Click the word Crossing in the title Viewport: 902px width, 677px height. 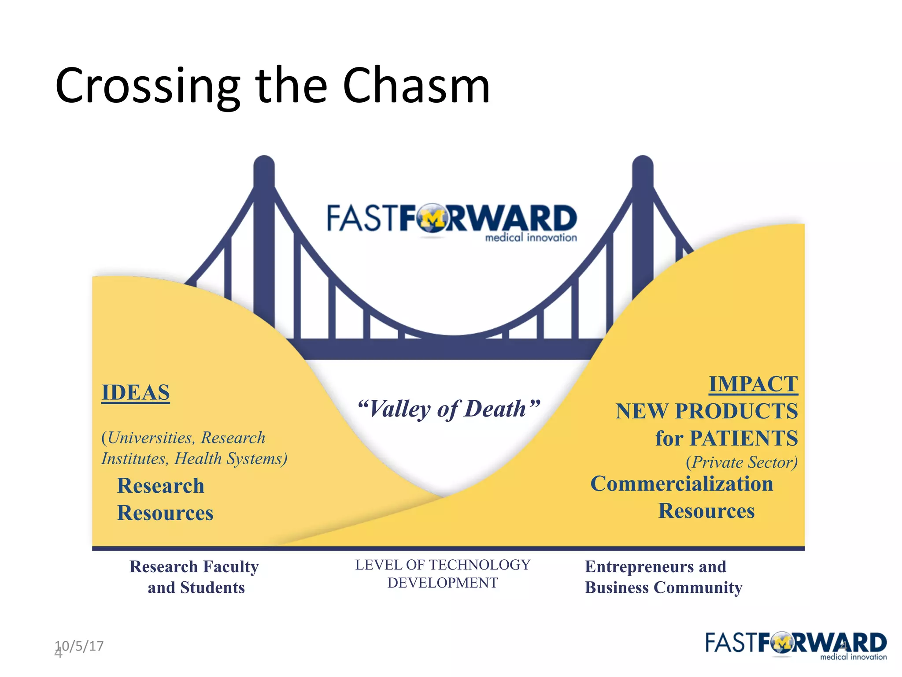point(148,87)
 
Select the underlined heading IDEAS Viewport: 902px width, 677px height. point(136,392)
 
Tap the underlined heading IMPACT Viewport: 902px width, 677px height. point(753,384)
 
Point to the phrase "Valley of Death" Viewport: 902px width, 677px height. point(448,409)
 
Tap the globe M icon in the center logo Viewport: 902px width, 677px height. point(433,218)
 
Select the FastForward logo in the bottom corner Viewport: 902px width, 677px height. point(795,645)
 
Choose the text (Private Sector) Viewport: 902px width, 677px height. point(741,462)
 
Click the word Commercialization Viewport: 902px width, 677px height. point(681,484)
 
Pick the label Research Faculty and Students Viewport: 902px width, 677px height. point(195,577)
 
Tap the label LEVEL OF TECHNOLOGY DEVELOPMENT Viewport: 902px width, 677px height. point(443,573)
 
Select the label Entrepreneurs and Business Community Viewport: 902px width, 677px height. point(663,577)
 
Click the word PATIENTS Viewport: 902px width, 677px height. point(743,438)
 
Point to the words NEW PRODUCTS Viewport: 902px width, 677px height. point(706,411)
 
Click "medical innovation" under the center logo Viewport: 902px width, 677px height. point(531,238)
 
